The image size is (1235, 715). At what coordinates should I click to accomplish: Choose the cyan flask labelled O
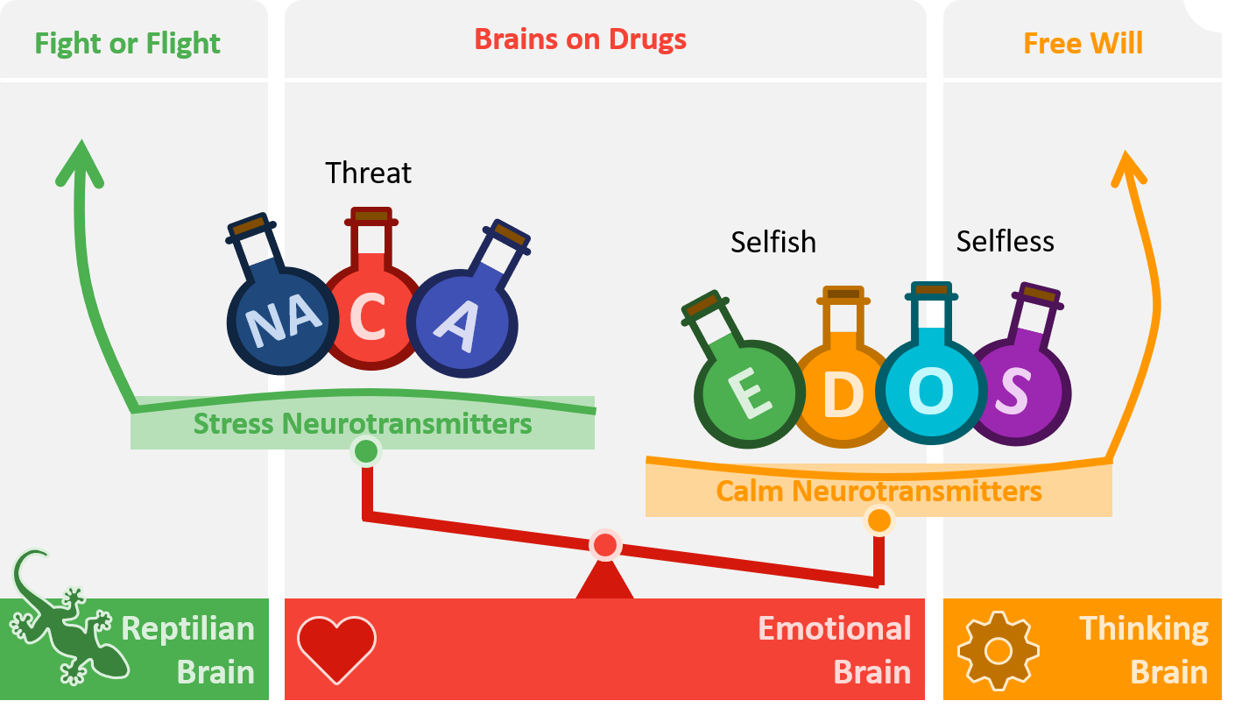tap(930, 391)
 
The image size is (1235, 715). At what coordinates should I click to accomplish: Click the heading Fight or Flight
tap(127, 44)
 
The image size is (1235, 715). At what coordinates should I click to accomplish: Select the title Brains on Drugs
tap(580, 39)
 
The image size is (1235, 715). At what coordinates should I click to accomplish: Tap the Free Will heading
tap(1083, 44)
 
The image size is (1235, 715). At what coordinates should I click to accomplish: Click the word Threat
tap(368, 173)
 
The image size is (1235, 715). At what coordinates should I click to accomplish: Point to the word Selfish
tap(773, 242)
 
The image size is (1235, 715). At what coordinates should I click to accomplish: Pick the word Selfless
tap(1005, 241)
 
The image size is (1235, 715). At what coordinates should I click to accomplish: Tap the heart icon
tap(336, 648)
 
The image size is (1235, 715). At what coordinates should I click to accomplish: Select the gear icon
tap(998, 650)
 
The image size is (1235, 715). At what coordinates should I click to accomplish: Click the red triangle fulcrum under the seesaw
tap(604, 581)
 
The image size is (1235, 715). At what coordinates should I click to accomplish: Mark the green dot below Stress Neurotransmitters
tap(366, 452)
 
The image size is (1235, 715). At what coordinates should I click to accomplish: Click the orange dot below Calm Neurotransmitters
tap(879, 520)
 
